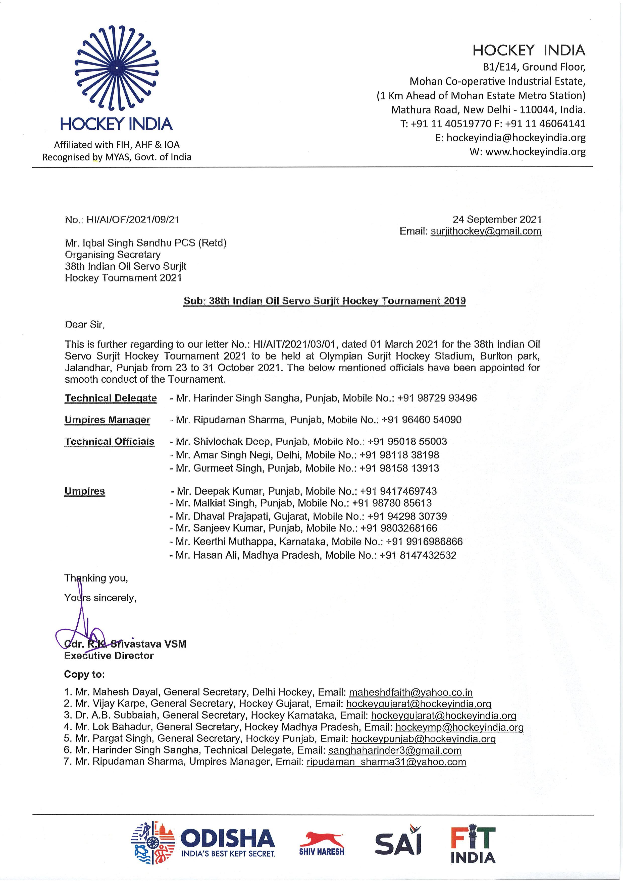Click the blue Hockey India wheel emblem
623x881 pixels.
click(116, 68)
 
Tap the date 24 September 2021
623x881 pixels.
click(497, 219)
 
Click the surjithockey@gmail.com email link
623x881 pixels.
click(486, 231)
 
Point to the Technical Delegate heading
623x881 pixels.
click(111, 398)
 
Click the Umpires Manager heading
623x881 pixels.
click(108, 420)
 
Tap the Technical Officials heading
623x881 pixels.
click(109, 442)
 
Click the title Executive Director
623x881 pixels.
click(109, 656)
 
